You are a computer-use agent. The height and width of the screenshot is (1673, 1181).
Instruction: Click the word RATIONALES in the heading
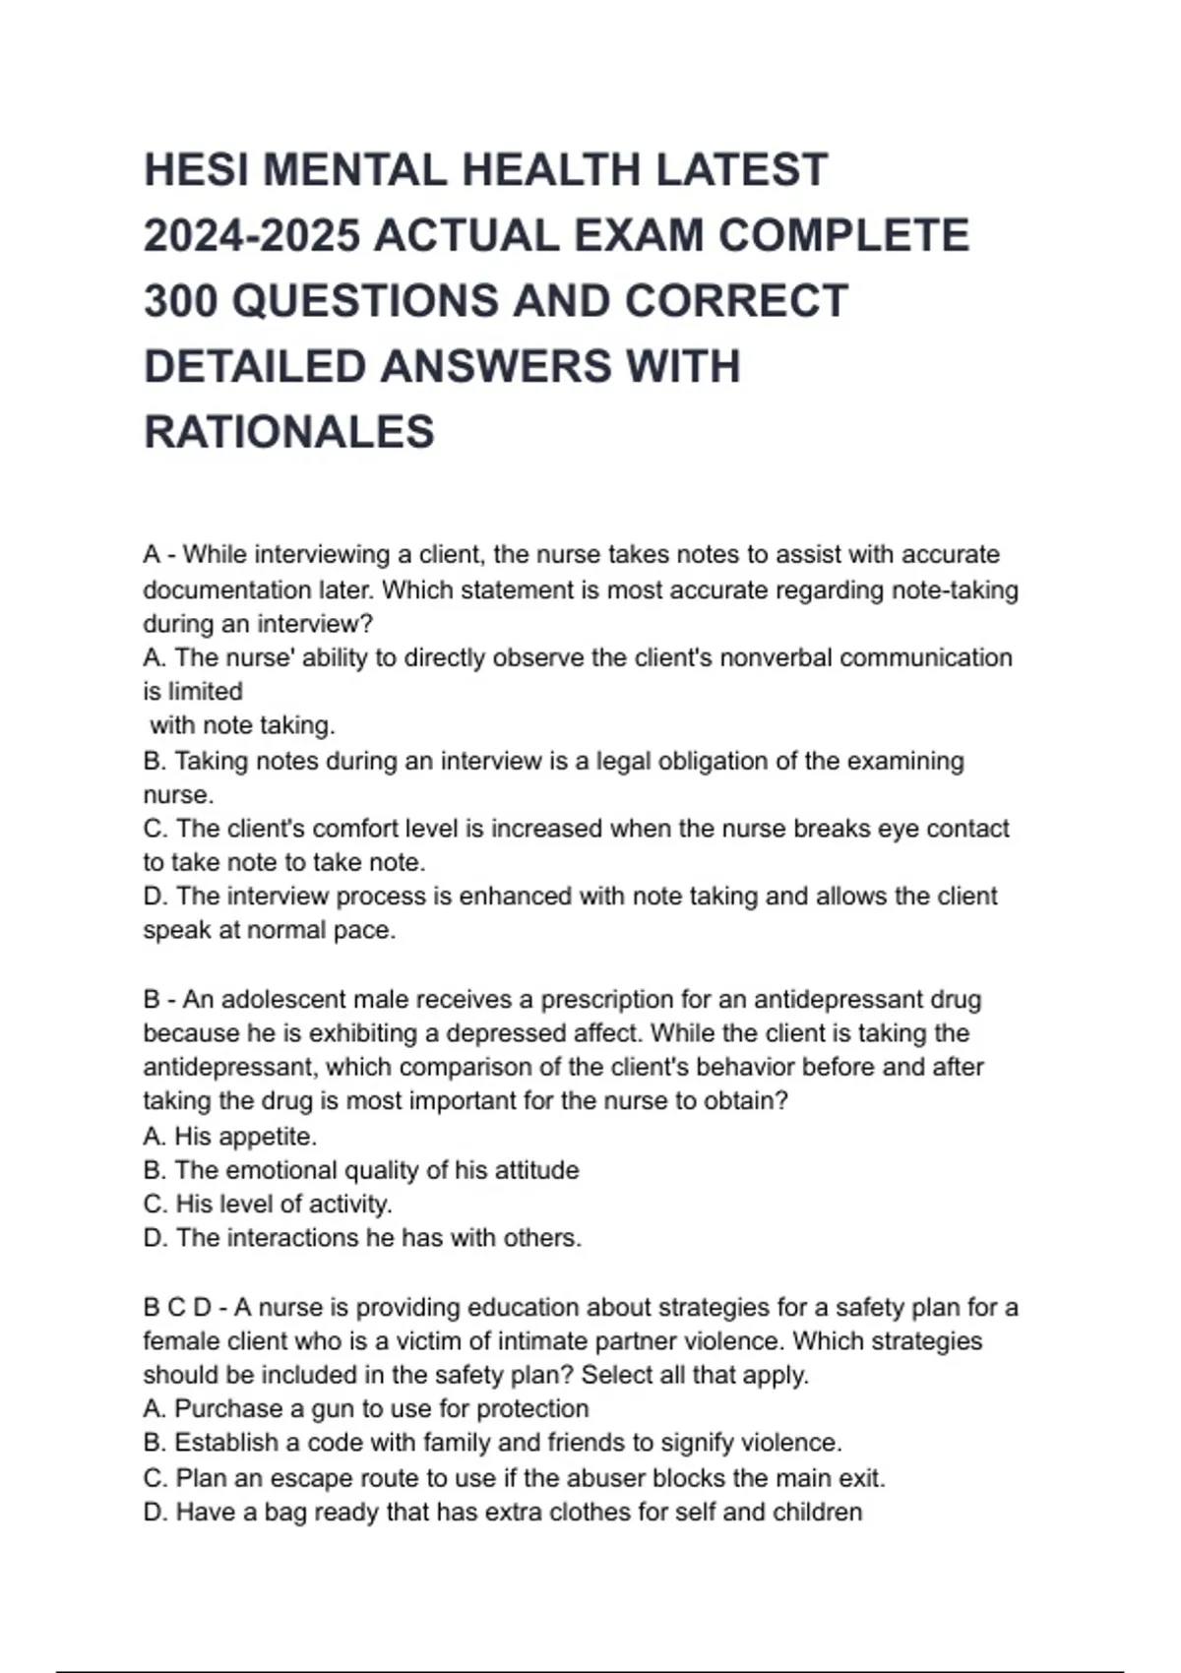(x=289, y=432)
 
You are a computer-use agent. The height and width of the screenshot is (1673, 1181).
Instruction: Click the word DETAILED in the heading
(x=254, y=367)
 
